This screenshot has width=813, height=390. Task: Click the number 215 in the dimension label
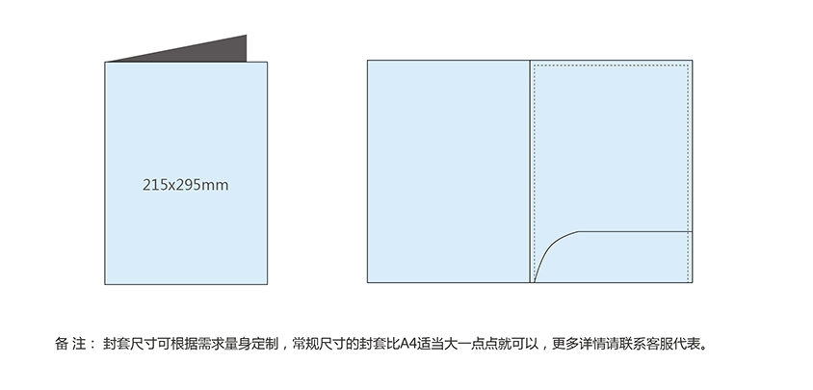point(154,184)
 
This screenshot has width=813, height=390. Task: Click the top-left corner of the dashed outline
point(535,65)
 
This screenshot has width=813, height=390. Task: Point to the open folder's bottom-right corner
point(693,283)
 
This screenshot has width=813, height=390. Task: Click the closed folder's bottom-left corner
point(105,284)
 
